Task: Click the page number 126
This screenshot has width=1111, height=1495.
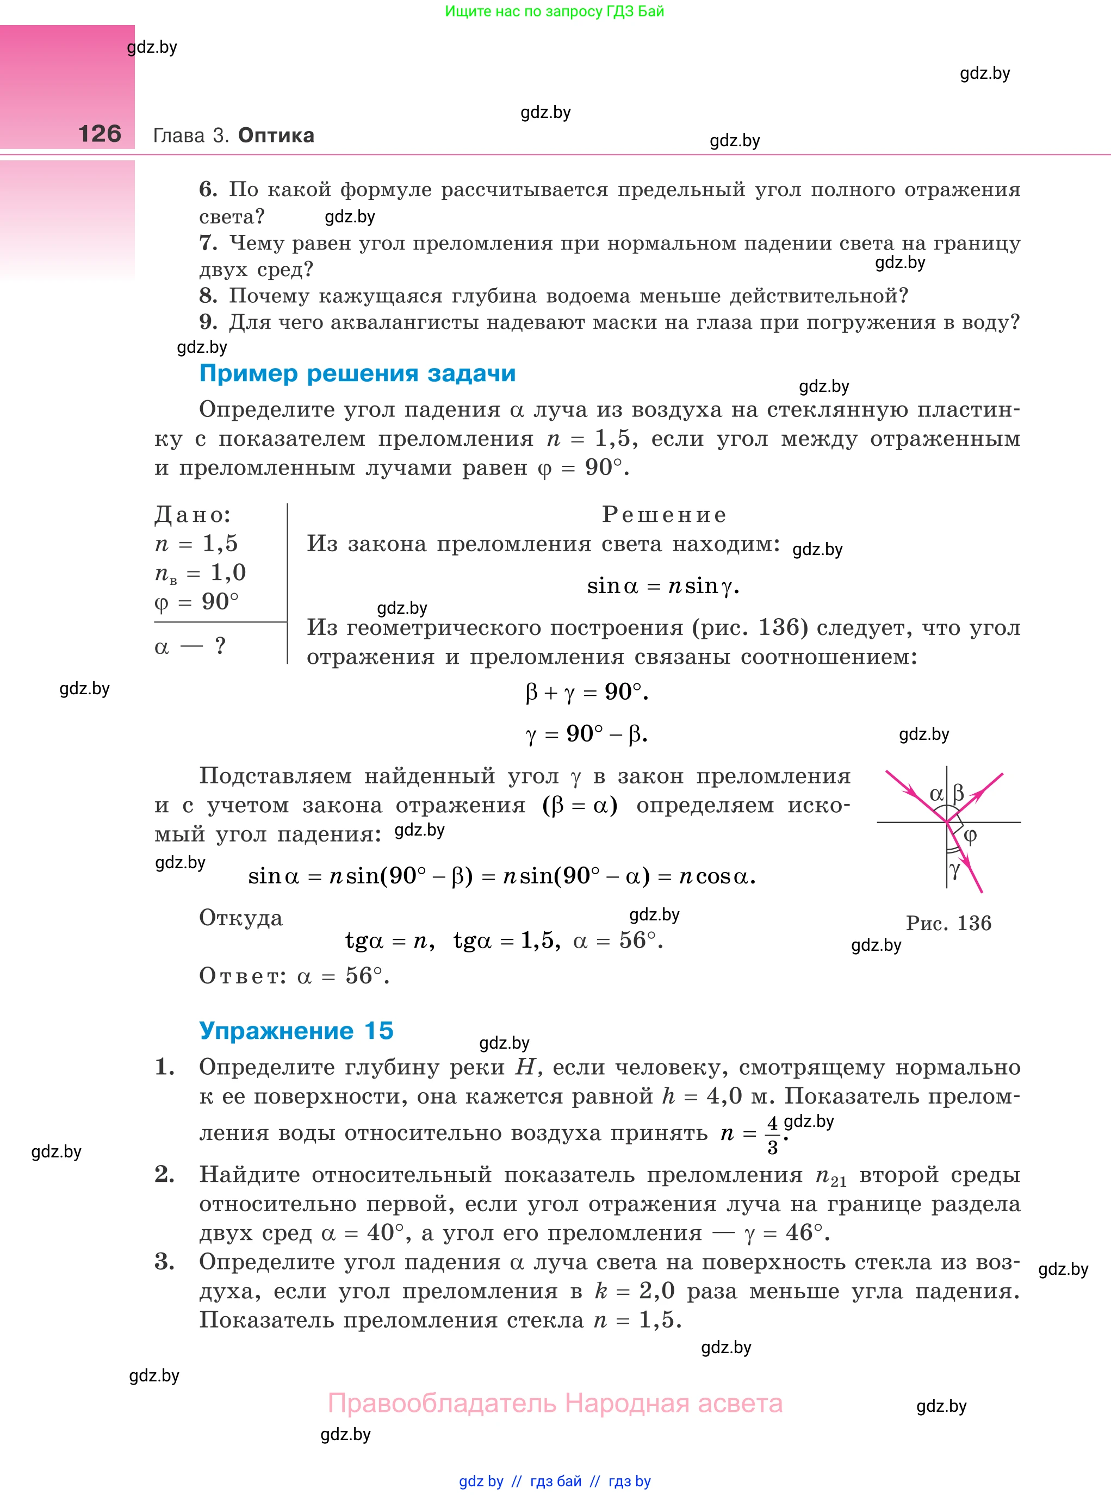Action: pyautogui.click(x=100, y=134)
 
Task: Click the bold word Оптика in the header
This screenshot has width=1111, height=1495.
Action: pyautogui.click(x=276, y=135)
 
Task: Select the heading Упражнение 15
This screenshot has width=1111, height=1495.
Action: pyautogui.click(x=296, y=1031)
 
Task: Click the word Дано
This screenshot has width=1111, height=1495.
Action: pyautogui.click(x=193, y=515)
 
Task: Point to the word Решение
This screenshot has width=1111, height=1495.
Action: pyautogui.click(x=664, y=514)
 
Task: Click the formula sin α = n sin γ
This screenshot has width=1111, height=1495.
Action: pyautogui.click(x=662, y=586)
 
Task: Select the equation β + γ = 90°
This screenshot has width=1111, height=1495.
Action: pyautogui.click(x=586, y=692)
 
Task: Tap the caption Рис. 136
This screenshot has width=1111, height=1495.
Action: pyautogui.click(x=948, y=923)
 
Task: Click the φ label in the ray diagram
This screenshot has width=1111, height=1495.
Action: pyautogui.click(x=970, y=836)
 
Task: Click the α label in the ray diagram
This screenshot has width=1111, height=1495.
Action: pyautogui.click(x=935, y=794)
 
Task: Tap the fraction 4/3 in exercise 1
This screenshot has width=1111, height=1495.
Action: pyautogui.click(x=773, y=1135)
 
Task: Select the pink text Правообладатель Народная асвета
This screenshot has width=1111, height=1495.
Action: pyautogui.click(x=555, y=1404)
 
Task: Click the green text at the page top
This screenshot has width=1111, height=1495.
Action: pyautogui.click(x=554, y=11)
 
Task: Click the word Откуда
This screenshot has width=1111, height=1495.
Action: pyautogui.click(x=241, y=918)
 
